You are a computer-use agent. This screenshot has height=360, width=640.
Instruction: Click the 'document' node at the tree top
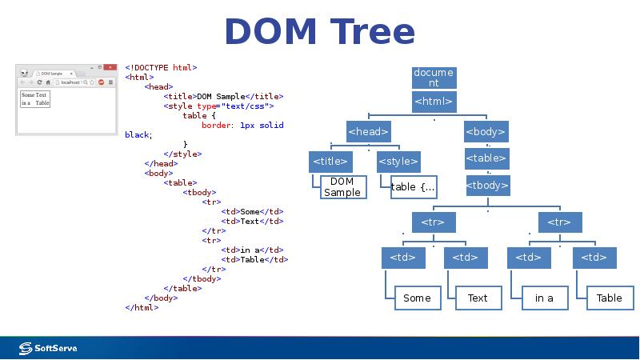pos(433,78)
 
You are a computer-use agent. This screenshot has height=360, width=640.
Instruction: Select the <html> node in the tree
pos(433,102)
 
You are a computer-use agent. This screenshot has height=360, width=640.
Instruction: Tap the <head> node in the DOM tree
pos(368,131)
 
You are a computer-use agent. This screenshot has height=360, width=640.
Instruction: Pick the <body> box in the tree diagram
pos(486,131)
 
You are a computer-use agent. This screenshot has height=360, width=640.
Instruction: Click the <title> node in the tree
pos(330,161)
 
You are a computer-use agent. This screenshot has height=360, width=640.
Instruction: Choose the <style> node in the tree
pos(398,161)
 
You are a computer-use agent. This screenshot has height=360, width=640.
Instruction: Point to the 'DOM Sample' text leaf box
pos(342,187)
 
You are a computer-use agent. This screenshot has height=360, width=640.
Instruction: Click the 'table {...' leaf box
pos(413,187)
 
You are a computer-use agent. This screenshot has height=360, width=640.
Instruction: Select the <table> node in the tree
pos(486,158)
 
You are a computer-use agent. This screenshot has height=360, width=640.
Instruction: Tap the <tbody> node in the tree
pos(487,186)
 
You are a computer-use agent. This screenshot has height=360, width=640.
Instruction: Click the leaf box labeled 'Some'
pos(417,298)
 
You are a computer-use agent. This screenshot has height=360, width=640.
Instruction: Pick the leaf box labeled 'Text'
pos(478,298)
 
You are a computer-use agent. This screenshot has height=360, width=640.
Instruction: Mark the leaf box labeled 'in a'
pos(544,298)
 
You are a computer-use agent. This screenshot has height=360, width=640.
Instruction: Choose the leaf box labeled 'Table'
pos(609,298)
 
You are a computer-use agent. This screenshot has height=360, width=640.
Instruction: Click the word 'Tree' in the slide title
pos(370,32)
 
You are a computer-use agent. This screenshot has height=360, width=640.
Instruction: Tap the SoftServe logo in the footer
pos(48,348)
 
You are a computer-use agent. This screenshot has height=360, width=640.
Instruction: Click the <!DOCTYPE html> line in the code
pos(161,68)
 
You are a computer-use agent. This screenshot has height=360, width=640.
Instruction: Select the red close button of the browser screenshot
pos(110,68)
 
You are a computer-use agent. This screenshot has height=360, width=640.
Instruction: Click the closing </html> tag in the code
pos(142,307)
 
